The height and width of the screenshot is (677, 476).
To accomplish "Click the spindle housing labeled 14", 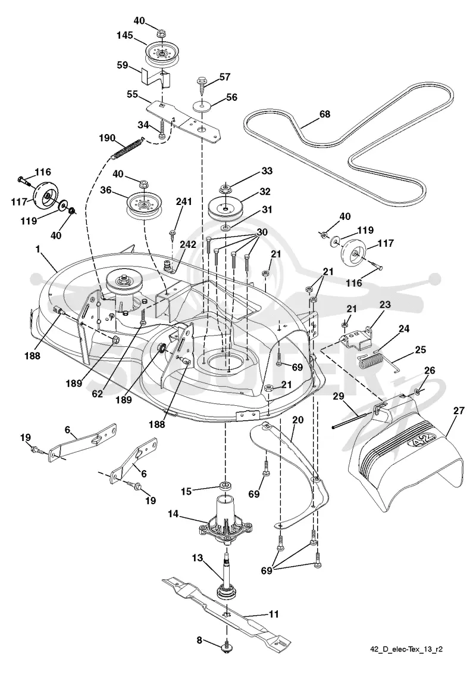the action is [x=226, y=518].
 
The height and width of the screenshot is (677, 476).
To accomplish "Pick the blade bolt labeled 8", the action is [x=226, y=658].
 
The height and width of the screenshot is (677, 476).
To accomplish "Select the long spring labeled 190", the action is [x=127, y=148].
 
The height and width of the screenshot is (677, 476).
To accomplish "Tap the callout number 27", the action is [x=459, y=410].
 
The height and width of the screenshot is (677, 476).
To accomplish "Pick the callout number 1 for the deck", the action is [x=38, y=249].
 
